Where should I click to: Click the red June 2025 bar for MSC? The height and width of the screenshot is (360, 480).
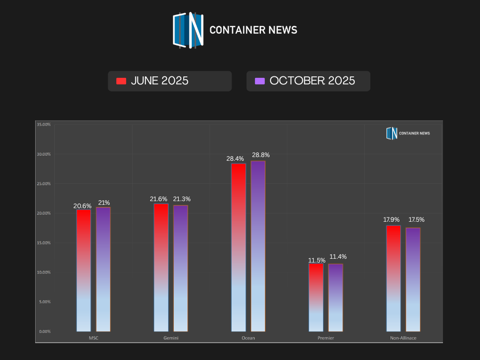[x=84, y=270]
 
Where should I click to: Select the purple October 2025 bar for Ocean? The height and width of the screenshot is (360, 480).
[x=258, y=246]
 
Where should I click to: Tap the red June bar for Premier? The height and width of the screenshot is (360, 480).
[x=316, y=297]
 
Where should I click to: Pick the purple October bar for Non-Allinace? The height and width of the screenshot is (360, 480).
[x=413, y=279]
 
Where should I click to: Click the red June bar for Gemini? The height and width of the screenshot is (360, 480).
[x=161, y=268]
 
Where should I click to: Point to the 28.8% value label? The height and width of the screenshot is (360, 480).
[x=261, y=155]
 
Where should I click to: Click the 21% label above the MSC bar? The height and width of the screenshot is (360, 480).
[x=104, y=203]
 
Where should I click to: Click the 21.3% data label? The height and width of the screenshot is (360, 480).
[x=181, y=199]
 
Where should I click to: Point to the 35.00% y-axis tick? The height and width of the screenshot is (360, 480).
[x=44, y=124]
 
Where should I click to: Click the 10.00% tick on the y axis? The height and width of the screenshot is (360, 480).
[x=44, y=272]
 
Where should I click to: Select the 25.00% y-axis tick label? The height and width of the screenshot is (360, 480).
[x=44, y=184]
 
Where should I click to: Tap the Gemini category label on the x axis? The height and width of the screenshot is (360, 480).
[x=171, y=338]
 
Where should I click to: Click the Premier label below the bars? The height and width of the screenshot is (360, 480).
[x=326, y=338]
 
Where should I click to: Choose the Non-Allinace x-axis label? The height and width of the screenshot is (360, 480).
[x=403, y=338]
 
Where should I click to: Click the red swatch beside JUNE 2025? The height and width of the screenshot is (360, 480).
[x=121, y=81]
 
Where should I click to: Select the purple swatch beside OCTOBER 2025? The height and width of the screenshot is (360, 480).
[x=260, y=81]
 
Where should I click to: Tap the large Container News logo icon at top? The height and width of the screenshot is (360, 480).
[x=188, y=30]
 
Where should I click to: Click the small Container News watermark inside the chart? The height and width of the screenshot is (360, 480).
[x=408, y=133]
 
